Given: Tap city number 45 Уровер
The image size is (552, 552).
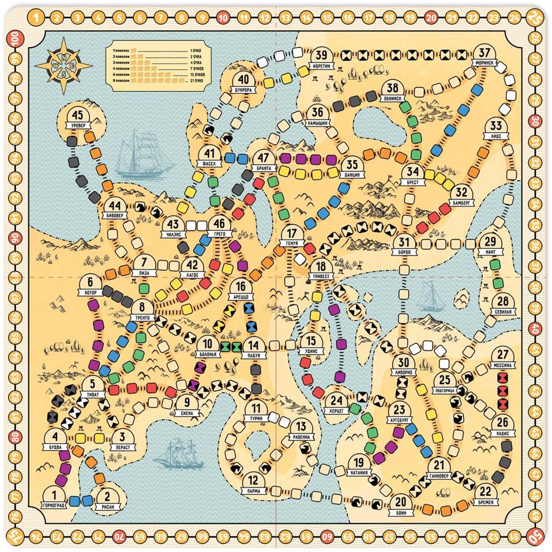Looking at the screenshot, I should coord(78,116).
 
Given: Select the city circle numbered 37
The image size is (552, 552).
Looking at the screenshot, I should coord(484,54).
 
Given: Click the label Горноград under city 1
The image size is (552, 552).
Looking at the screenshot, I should coord(54,506).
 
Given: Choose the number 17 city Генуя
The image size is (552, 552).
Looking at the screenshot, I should coord(292,234).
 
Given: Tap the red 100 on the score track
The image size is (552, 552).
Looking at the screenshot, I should coord(16,38).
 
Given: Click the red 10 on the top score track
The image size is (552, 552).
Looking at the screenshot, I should coord(223,17).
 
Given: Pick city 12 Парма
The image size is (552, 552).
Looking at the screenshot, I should coord(253,481).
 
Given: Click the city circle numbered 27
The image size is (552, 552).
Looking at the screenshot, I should coord(503,355).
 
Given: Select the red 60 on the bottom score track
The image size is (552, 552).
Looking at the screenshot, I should coord(326,536).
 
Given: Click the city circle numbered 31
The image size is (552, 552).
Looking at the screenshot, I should coord(404,243).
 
